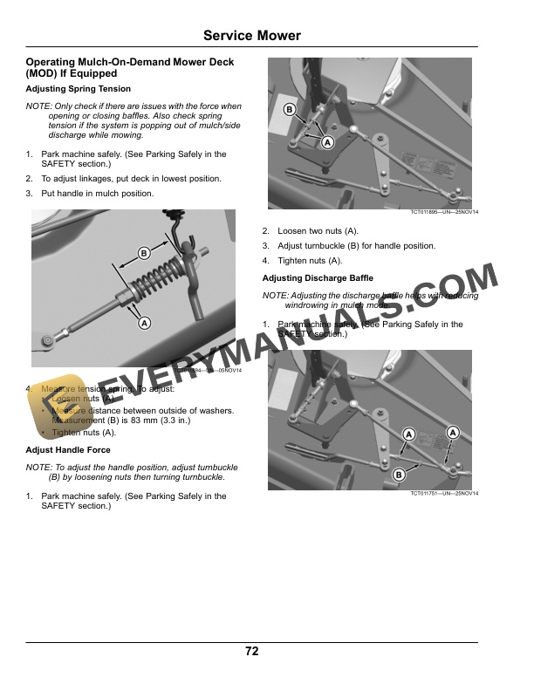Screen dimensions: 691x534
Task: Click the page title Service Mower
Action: tap(251, 36)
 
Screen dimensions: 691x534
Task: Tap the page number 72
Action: tap(251, 651)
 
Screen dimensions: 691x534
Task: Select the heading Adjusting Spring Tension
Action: tap(79, 89)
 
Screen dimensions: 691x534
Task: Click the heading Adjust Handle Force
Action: tap(68, 450)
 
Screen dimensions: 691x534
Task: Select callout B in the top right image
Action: tap(289, 109)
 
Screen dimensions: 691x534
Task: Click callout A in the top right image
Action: tap(327, 141)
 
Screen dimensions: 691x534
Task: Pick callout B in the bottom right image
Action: tap(398, 475)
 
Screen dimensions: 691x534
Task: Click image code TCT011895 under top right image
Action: tap(444, 212)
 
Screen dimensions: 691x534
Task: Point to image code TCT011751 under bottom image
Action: tap(444, 494)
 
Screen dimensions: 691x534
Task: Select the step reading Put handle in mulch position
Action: tap(98, 193)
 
